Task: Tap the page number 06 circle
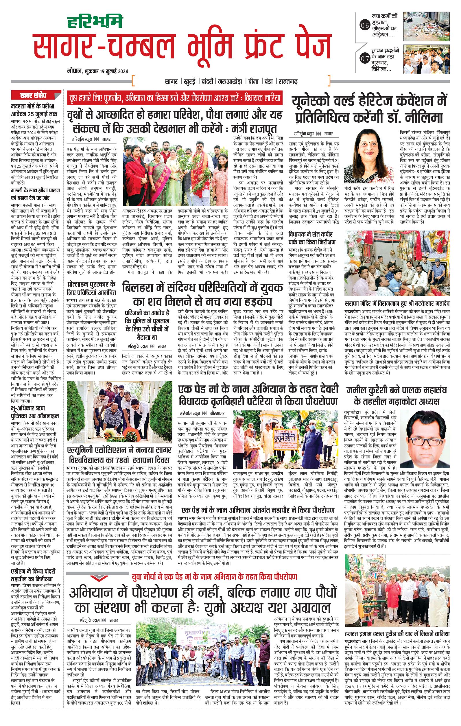click(365, 26)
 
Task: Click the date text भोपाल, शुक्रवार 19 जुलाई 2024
click(98, 71)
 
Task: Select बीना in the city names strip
click(253, 81)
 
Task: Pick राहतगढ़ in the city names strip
click(287, 81)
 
